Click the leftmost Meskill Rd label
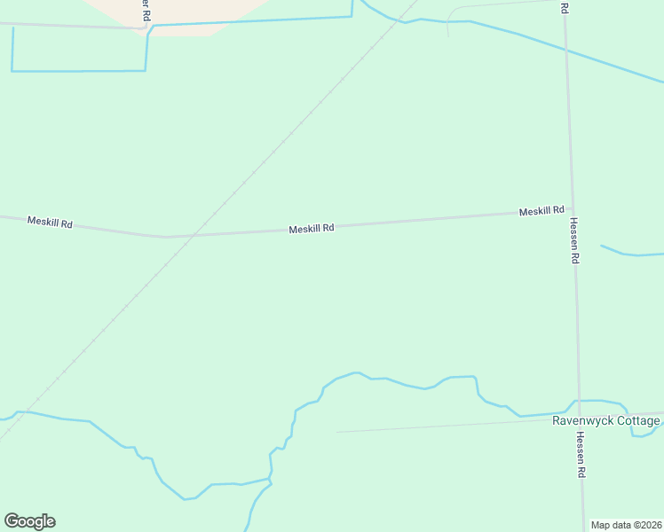point(49,221)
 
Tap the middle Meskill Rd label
point(311,228)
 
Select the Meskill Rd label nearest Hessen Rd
point(541,211)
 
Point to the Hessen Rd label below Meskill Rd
point(574,241)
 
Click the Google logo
point(29,521)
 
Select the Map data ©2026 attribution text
point(626,525)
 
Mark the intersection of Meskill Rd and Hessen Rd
point(571,211)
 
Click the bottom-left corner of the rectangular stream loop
point(12,70)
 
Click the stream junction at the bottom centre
point(270,480)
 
